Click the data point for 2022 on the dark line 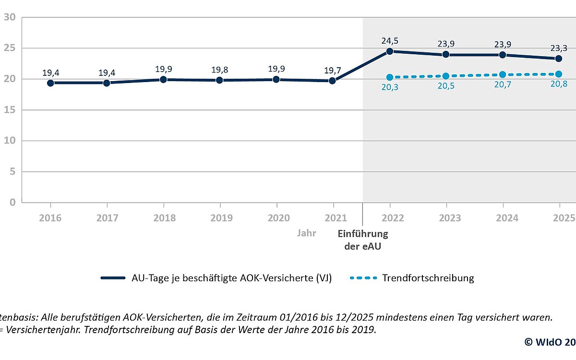coord(389,51)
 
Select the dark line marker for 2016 coord(50,83)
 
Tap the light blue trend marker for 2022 coord(389,77)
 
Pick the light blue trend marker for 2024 coord(503,74)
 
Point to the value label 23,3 coord(559,48)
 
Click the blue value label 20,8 coord(559,84)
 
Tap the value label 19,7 coord(332,71)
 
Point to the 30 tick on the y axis coord(10,17)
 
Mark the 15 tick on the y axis coord(10,110)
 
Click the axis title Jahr coord(306,234)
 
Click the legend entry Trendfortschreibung coord(428,278)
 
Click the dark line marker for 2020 coord(276,79)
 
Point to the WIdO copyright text coord(550,342)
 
